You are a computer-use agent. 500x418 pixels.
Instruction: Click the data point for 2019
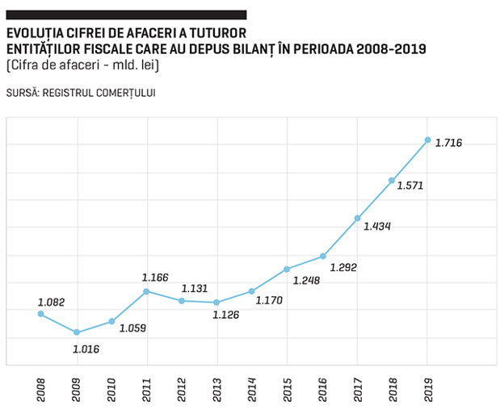click(x=427, y=140)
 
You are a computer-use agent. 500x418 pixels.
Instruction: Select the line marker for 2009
click(x=77, y=332)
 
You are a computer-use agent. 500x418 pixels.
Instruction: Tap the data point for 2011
click(x=146, y=291)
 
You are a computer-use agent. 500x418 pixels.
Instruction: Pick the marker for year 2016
click(x=323, y=256)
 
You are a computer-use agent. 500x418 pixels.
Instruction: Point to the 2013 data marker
click(x=216, y=303)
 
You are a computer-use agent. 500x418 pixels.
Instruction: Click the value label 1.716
click(x=448, y=143)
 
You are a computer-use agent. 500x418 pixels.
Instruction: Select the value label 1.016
click(x=86, y=349)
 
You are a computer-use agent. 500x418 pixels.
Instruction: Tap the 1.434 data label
click(x=377, y=226)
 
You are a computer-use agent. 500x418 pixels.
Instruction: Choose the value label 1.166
click(x=155, y=278)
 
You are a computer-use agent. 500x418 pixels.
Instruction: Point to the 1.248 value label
click(x=306, y=280)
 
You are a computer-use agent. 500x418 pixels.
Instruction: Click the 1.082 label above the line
click(x=52, y=302)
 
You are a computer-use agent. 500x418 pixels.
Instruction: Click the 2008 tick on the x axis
click(x=41, y=390)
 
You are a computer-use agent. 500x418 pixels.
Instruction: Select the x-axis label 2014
click(x=252, y=390)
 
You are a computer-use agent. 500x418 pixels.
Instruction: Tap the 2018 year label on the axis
click(x=393, y=390)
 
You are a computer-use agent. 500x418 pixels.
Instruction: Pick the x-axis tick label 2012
click(x=182, y=390)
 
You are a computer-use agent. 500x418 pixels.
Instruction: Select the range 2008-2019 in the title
click(x=391, y=49)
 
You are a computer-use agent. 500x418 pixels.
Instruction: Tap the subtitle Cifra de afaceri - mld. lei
click(x=82, y=65)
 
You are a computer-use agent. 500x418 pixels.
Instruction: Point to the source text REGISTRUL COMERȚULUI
click(x=99, y=93)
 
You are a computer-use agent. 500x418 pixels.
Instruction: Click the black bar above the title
click(x=126, y=15)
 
